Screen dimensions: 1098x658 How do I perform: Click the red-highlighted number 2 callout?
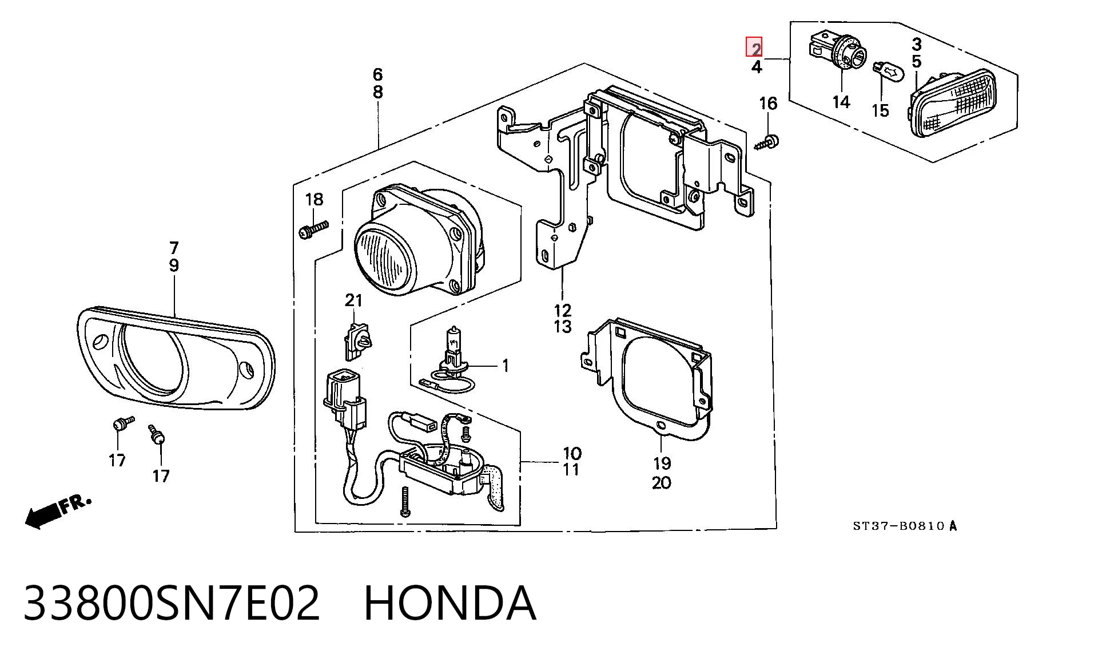click(x=754, y=47)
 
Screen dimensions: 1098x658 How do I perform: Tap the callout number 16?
click(x=768, y=104)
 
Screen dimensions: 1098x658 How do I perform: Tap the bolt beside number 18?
click(x=313, y=230)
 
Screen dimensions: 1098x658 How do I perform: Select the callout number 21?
click(x=353, y=300)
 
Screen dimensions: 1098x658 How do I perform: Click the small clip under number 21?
click(x=357, y=341)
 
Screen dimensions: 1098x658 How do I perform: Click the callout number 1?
click(x=505, y=366)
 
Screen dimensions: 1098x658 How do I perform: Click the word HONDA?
click(x=450, y=604)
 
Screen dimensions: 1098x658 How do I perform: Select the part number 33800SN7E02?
click(x=172, y=604)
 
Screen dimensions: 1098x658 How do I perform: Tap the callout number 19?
click(x=662, y=463)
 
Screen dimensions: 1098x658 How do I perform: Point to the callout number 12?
click(x=562, y=311)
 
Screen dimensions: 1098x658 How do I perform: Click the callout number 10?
click(x=572, y=454)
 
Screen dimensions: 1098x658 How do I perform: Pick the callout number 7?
click(x=174, y=248)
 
